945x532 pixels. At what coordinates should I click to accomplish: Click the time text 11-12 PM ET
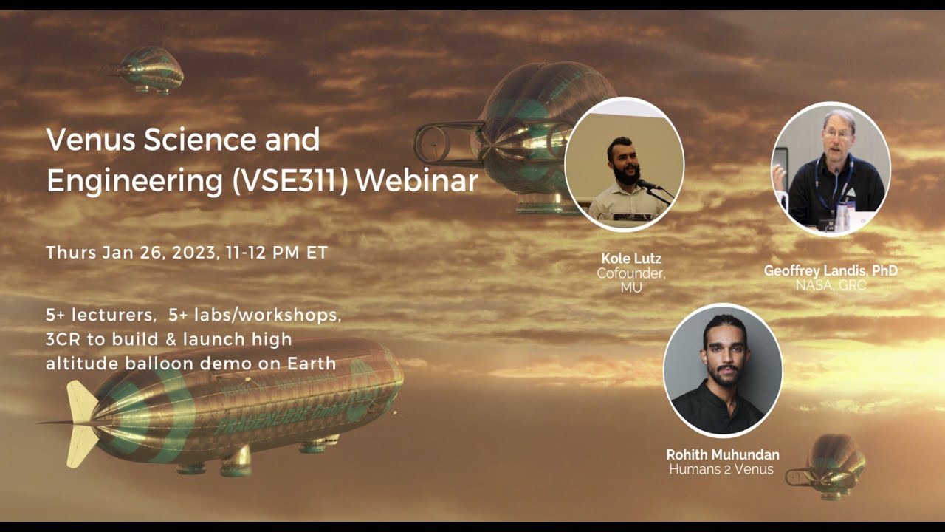point(281,253)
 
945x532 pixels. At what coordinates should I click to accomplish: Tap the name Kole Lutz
point(631,259)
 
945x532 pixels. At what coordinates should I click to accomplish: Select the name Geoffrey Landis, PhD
point(831,271)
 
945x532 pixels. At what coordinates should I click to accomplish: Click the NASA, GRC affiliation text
point(831,284)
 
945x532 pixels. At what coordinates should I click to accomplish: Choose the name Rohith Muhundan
point(723,454)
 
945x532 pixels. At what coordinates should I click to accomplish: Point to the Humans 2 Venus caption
point(721,468)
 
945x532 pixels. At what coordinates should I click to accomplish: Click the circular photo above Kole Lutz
point(625,164)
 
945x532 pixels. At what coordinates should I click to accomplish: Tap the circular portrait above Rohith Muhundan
point(723,370)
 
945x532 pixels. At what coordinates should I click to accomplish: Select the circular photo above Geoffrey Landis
point(831,168)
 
